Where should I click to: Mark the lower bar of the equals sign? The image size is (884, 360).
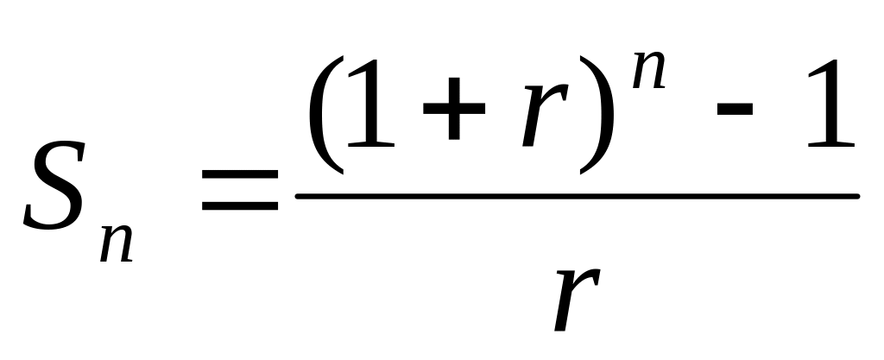tap(239, 209)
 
